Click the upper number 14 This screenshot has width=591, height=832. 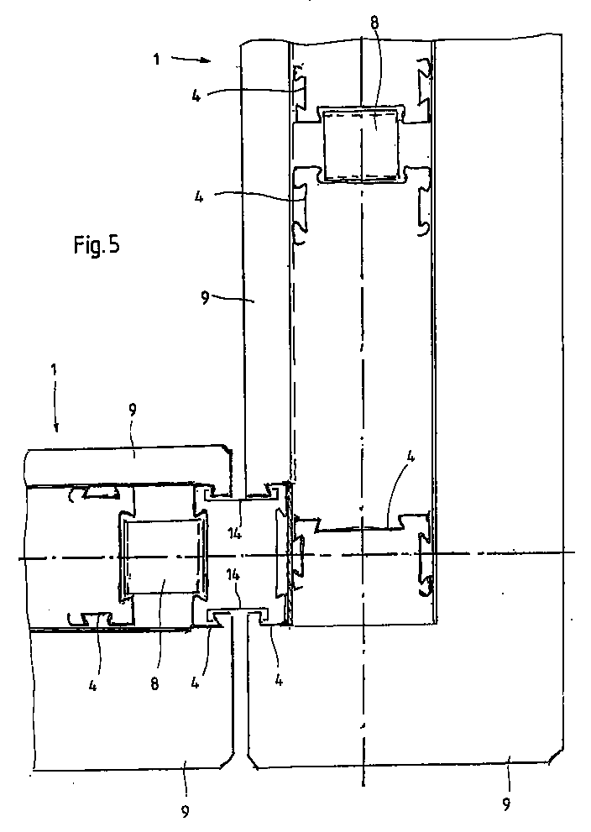pyautogui.click(x=236, y=531)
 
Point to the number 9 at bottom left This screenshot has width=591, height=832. pyautogui.click(x=186, y=810)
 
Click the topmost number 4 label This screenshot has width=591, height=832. pyautogui.click(x=195, y=95)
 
